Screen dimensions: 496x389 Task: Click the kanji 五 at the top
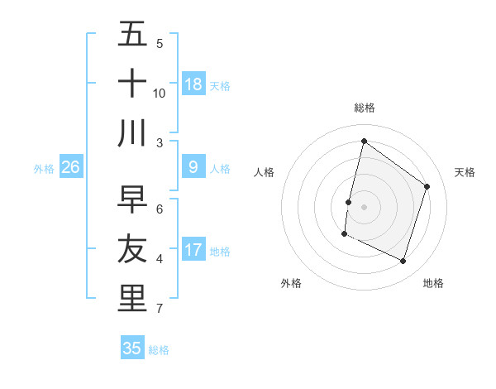point(132,35)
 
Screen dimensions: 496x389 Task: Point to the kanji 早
point(132,199)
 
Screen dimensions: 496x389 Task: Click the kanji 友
point(132,248)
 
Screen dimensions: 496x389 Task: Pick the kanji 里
point(132,299)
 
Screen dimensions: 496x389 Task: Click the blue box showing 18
point(193,84)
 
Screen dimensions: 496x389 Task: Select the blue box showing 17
point(193,250)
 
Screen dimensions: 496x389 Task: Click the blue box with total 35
point(132,348)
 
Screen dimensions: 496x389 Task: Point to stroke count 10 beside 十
point(160,93)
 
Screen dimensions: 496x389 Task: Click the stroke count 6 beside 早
point(160,209)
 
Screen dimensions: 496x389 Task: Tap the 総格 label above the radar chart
point(364,108)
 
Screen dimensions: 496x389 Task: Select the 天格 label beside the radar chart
point(465,172)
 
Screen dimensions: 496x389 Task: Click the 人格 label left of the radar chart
point(264,172)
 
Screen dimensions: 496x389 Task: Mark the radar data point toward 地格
point(403,262)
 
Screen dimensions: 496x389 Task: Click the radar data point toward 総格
point(364,141)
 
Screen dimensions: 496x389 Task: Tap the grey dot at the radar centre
point(364,206)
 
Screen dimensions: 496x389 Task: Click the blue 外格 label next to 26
point(44,169)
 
